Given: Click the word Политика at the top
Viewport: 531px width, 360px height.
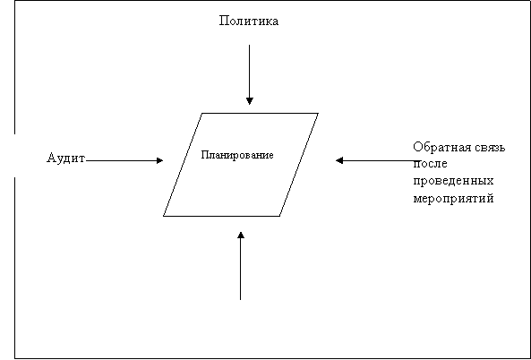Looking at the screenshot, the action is point(249,21).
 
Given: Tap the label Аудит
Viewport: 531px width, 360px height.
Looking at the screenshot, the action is point(65,159).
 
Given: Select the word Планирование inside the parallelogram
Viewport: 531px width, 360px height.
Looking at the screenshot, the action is point(237,155).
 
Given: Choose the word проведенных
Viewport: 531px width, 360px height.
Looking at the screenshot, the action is point(453,181).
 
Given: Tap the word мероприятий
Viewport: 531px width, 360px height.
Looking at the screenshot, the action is point(453,198).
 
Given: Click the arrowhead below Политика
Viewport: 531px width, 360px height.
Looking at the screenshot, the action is point(250,101).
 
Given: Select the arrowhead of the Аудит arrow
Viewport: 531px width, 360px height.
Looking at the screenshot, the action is point(159,160).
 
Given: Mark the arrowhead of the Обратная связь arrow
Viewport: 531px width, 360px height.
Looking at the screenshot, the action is point(339,160).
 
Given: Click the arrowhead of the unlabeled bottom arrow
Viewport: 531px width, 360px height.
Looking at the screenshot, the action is point(241,236).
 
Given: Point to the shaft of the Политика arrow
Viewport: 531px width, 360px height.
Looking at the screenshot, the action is point(250,71).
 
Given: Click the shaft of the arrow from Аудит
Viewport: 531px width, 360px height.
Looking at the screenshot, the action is point(121,160).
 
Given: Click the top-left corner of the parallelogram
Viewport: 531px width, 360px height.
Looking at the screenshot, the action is point(202,113).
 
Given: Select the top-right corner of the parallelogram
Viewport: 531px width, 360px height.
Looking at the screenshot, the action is point(318,113).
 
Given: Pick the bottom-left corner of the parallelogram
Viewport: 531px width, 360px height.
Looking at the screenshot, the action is point(164,216).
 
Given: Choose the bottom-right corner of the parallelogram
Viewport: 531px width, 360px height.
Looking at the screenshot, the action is point(279,216).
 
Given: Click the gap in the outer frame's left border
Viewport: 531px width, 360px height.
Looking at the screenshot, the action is point(14,156).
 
